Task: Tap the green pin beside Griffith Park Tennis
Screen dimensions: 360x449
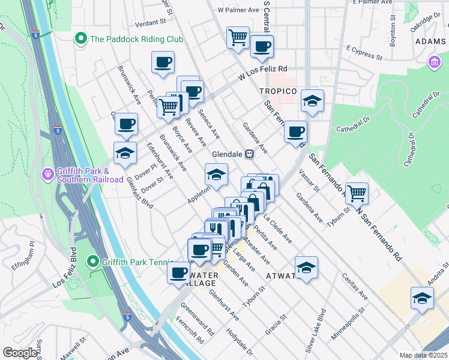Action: tap(92, 262)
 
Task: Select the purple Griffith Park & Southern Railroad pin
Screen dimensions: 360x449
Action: tap(48, 175)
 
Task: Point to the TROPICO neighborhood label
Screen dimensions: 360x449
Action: tap(278, 91)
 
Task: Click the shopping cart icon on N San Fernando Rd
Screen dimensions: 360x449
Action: tap(357, 193)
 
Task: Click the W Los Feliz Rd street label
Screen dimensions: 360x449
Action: tap(263, 72)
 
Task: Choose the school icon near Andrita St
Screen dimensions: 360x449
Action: tap(422, 298)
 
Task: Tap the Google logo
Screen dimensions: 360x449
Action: tap(20, 353)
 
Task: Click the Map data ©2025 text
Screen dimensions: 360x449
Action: tap(423, 355)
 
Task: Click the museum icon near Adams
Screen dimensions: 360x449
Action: tap(434, 62)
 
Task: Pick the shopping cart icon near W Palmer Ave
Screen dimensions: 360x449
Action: tap(238, 38)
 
